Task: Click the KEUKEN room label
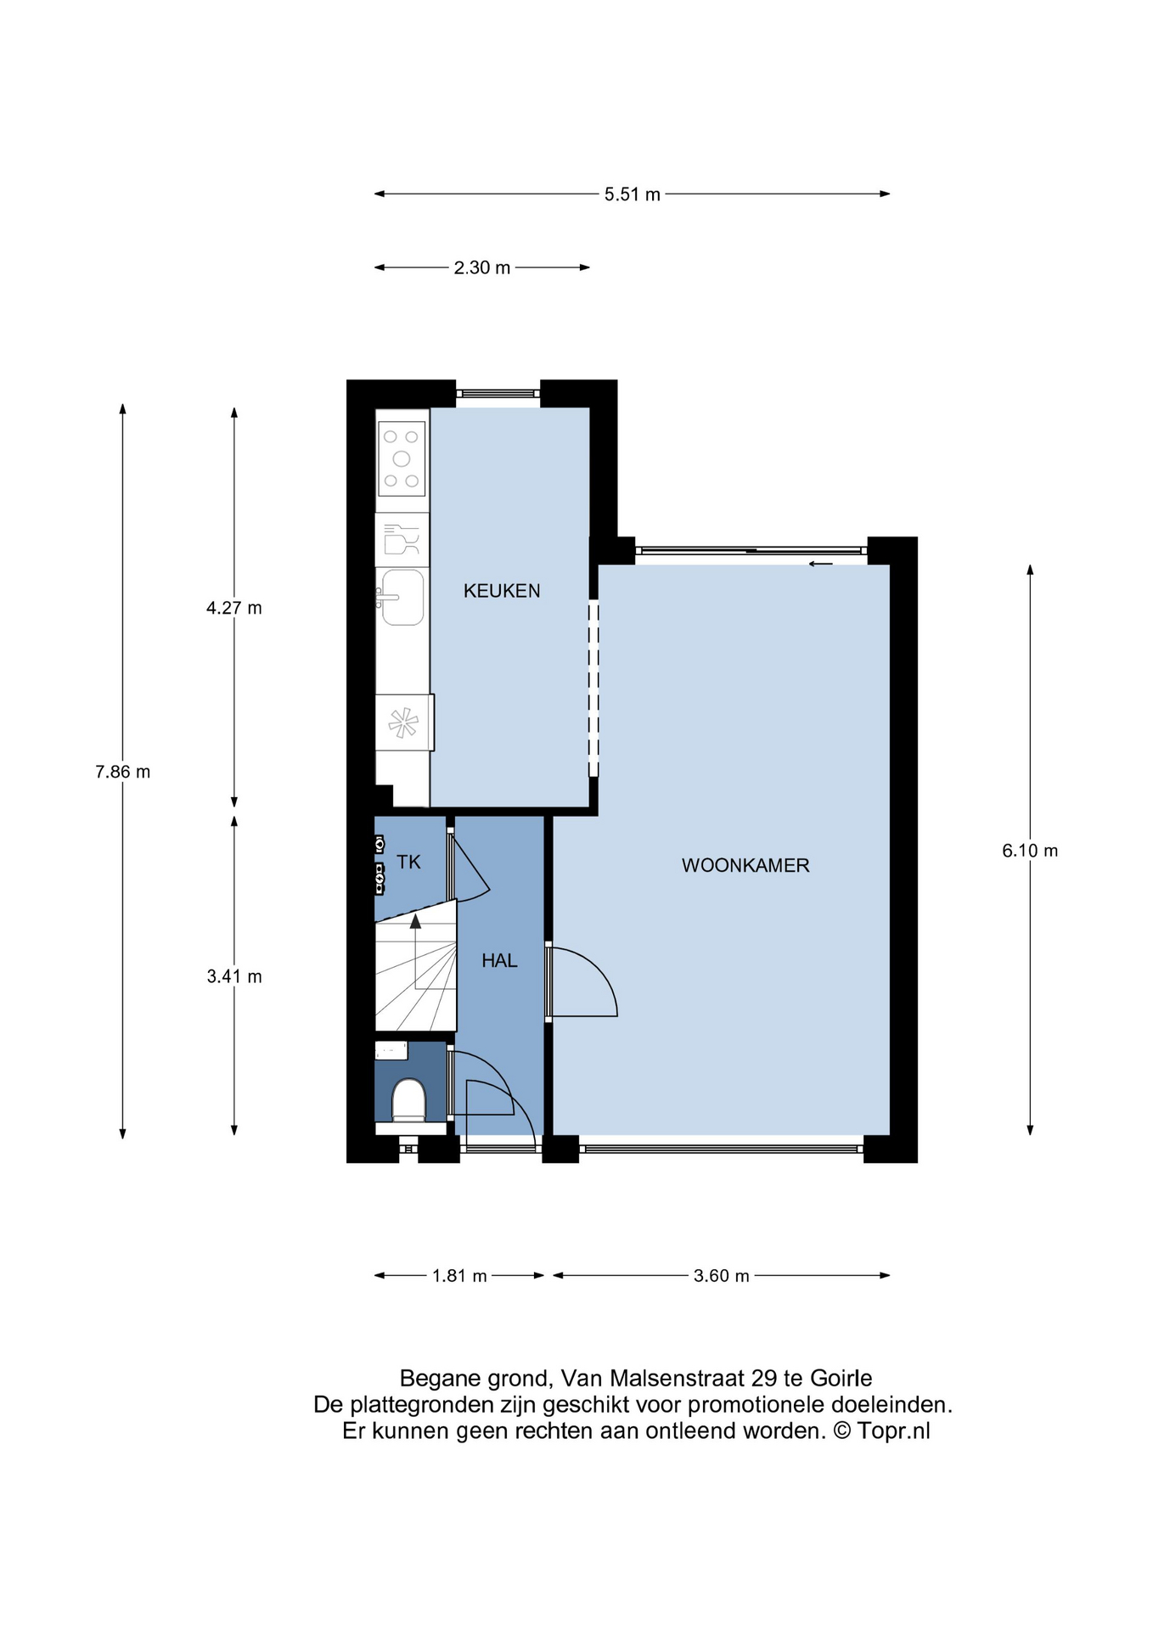[502, 591]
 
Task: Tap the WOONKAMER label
[745, 866]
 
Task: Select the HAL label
[499, 961]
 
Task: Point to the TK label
[408, 863]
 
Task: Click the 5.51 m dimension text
[633, 194]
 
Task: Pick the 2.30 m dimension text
[482, 268]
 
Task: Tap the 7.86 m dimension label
[123, 773]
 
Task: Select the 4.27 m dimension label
[234, 608]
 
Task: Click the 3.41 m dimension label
[234, 977]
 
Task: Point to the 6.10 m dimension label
[1030, 852]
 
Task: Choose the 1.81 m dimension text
[459, 1276]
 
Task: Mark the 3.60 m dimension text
[722, 1276]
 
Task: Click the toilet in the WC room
[408, 1101]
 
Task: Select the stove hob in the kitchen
[402, 459]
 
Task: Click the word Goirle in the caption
[841, 1378]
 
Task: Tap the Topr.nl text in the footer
[894, 1431]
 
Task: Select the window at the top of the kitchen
[498, 393]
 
